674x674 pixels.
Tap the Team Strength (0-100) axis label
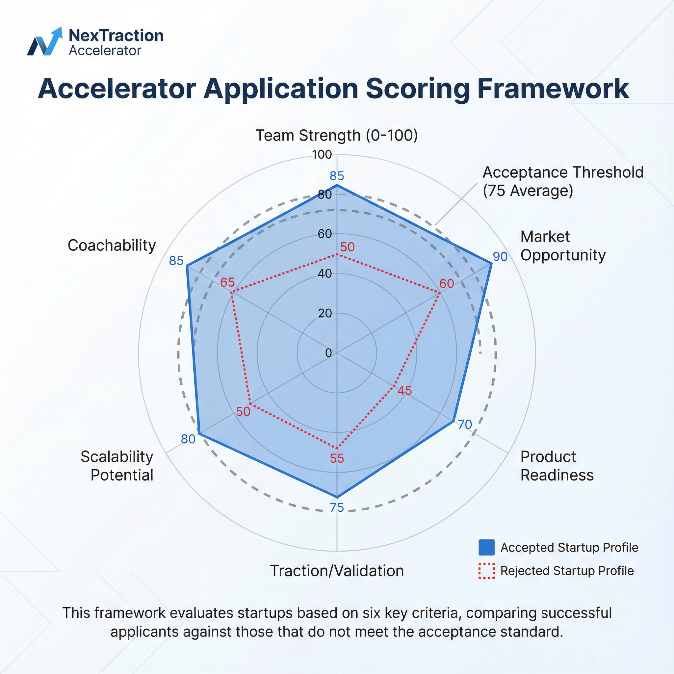pyautogui.click(x=337, y=135)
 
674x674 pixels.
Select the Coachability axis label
pyautogui.click(x=112, y=245)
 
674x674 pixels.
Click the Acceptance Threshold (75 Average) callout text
pyautogui.click(x=563, y=181)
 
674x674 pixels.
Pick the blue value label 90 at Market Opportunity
pyautogui.click(x=500, y=256)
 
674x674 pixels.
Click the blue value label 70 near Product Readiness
pyautogui.click(x=465, y=424)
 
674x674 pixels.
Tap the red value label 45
pyautogui.click(x=405, y=390)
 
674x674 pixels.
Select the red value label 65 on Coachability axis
pyautogui.click(x=227, y=282)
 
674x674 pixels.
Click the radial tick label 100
pyautogui.click(x=322, y=155)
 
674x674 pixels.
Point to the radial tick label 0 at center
pyautogui.click(x=328, y=353)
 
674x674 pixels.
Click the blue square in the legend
pyautogui.click(x=486, y=547)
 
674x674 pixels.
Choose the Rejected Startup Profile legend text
pyautogui.click(x=567, y=571)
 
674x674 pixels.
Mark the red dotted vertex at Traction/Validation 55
pyautogui.click(x=337, y=448)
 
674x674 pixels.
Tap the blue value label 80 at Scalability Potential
pyautogui.click(x=188, y=439)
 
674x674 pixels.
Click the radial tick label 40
pyautogui.click(x=324, y=273)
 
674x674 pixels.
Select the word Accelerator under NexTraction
pyautogui.click(x=105, y=51)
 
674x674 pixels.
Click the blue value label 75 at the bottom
pyautogui.click(x=337, y=507)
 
